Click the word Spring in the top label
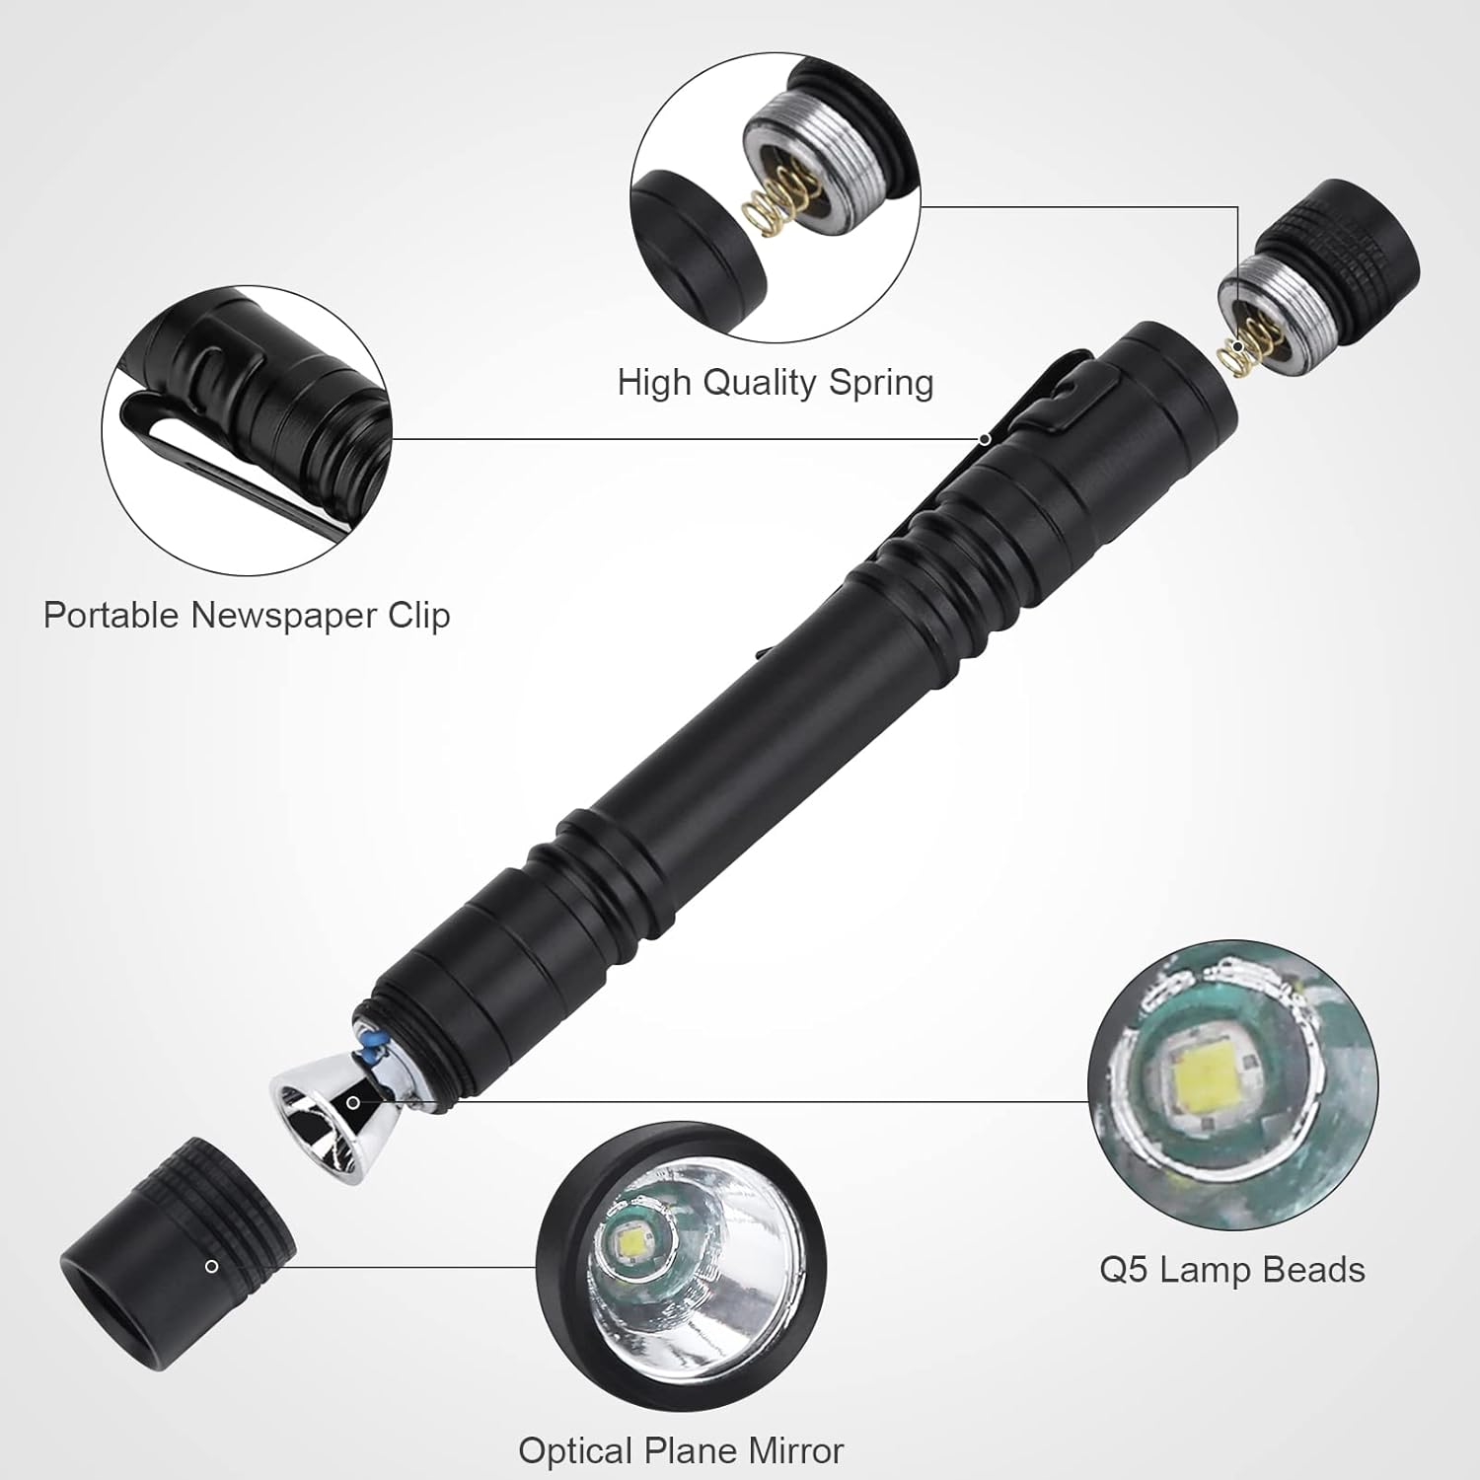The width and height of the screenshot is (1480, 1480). coord(880,383)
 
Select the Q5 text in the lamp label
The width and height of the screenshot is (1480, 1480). coord(1124,1270)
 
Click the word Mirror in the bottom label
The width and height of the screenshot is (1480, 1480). coord(796,1450)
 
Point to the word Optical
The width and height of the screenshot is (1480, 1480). coord(577,1450)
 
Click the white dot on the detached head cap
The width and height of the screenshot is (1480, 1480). coord(211,1266)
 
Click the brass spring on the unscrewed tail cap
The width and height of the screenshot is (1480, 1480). coord(1235,353)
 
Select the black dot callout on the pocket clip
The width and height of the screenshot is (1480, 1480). coord(985,438)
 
